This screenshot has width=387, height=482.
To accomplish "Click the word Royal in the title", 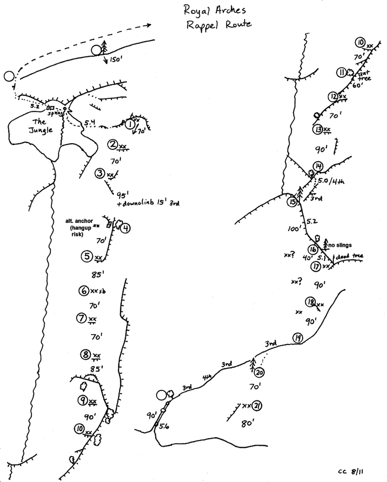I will pos(196,10).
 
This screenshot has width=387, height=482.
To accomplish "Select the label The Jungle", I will pos(41,126).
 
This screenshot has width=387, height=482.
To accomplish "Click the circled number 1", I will pos(130,124).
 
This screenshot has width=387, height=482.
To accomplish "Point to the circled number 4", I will pos(126,228).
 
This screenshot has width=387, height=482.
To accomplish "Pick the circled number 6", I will pos(83,291).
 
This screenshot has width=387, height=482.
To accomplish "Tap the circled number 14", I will pos(318,166).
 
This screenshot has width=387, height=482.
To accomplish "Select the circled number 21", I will pos(257,406).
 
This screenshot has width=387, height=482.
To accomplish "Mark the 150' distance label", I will pos(115,60).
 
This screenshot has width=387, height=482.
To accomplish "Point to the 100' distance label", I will pos(294,228).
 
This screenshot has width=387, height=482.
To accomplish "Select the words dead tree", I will pos(349,256).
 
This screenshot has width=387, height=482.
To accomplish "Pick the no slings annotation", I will pos(340,245).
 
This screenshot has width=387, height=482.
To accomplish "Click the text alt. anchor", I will pos(79,221).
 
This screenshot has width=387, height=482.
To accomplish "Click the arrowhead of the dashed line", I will pos(149,25).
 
